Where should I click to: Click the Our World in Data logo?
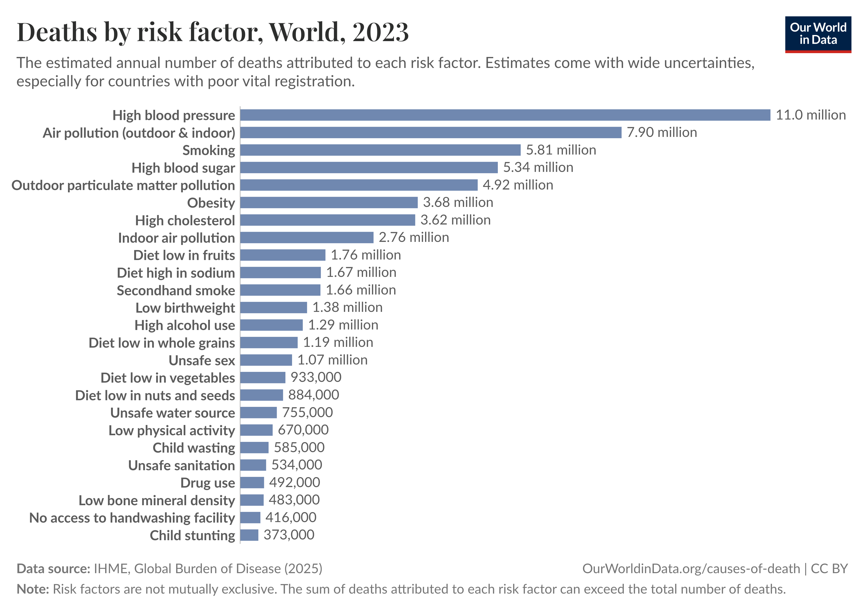[x=817, y=34]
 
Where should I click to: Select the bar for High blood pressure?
[x=505, y=115]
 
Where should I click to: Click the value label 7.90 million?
[x=661, y=132]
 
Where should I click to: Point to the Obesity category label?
[x=211, y=203]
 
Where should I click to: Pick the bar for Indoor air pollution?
[x=307, y=238]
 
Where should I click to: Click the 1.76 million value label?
[x=366, y=255]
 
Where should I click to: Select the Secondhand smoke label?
[x=176, y=290]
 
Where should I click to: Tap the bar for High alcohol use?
[x=271, y=325]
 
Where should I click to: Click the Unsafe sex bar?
[x=266, y=360]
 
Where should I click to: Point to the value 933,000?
[x=316, y=378]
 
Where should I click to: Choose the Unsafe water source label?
[x=172, y=413]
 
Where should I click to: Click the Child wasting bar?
[x=254, y=448]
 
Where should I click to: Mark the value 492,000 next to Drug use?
[x=295, y=482]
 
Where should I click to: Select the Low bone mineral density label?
[x=156, y=500]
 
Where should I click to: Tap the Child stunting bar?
[x=249, y=535]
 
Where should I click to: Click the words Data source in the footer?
[x=53, y=569]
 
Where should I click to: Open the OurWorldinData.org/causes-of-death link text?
[x=691, y=569]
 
